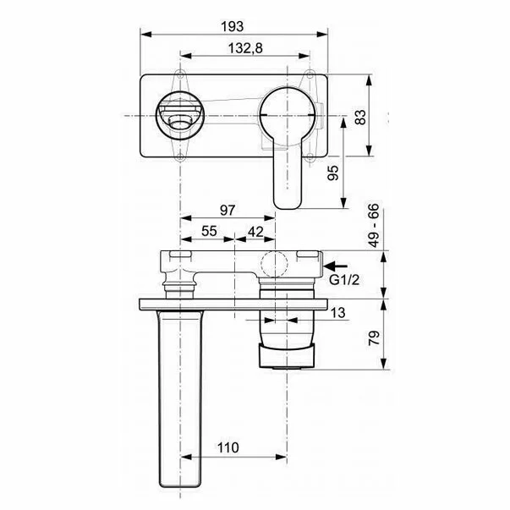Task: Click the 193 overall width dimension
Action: (x=232, y=27)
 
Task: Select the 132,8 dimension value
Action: (x=245, y=48)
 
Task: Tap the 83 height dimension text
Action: (x=360, y=117)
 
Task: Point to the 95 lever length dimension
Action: (x=332, y=173)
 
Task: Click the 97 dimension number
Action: (x=228, y=210)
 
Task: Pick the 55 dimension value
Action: (x=209, y=231)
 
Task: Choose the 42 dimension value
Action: (x=255, y=232)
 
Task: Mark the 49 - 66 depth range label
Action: (x=374, y=225)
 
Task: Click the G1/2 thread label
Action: (x=344, y=280)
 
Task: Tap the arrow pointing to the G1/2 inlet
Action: (x=335, y=266)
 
